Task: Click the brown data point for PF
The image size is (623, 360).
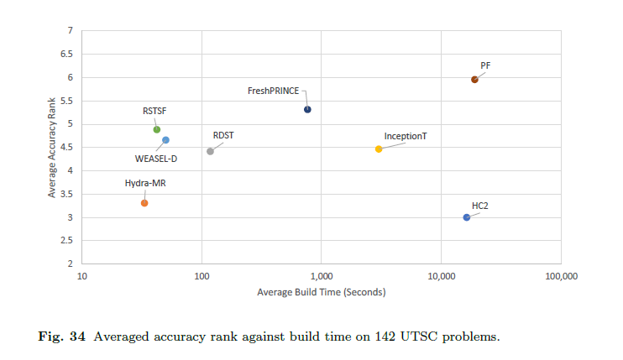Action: click(474, 80)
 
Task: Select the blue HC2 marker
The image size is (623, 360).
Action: click(467, 217)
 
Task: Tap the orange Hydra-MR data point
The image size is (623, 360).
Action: click(144, 203)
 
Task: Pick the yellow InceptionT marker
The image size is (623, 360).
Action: click(379, 149)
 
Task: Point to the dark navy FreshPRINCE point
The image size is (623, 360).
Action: click(307, 109)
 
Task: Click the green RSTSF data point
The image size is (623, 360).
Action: click(157, 129)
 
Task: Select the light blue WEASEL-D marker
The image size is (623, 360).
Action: click(165, 140)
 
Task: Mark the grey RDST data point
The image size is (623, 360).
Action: click(210, 151)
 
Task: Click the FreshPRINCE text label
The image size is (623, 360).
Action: click(273, 91)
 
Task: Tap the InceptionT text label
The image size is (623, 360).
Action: click(406, 136)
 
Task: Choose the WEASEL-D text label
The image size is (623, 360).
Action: click(156, 158)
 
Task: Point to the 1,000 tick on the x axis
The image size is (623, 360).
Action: click(322, 275)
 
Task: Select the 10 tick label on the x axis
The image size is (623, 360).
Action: click(82, 275)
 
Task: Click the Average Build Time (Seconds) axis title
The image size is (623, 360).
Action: click(322, 291)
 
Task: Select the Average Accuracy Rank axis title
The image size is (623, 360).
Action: click(51, 147)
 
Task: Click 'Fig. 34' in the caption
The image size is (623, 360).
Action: click(62, 337)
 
